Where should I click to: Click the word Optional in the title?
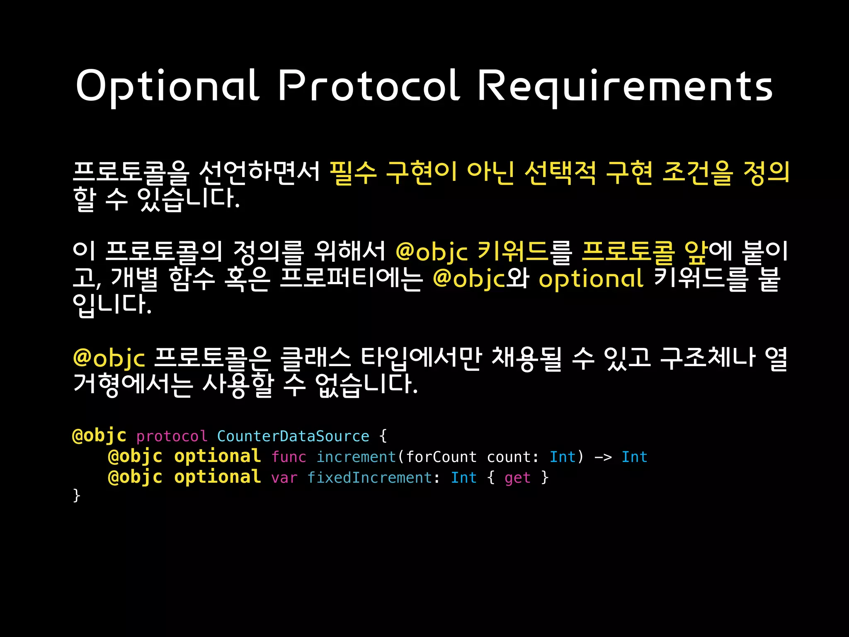[x=167, y=86]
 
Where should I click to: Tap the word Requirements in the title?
[x=625, y=86]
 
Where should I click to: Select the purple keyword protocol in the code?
[x=172, y=437]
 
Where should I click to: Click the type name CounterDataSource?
[x=293, y=436]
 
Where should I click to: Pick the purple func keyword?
[x=289, y=457]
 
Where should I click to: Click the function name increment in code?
[x=357, y=457]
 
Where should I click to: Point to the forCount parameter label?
[x=441, y=457]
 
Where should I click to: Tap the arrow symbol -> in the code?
[x=603, y=457]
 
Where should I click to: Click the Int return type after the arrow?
[x=634, y=457]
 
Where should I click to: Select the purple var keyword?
[x=284, y=478]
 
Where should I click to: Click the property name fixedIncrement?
[x=370, y=478]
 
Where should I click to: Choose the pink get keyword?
[x=517, y=478]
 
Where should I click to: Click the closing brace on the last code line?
[x=77, y=496]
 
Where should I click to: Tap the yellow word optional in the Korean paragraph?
[x=591, y=279]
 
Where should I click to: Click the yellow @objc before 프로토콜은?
[x=109, y=357]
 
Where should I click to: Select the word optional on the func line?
[x=218, y=457]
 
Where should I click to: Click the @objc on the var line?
[x=135, y=477]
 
